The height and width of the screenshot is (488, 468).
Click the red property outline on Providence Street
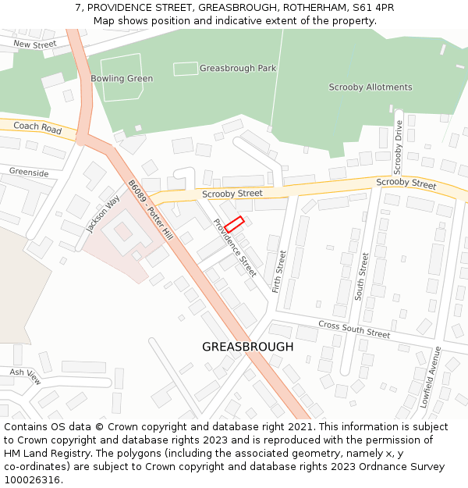pos(235,223)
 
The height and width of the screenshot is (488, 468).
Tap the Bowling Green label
pos(122,79)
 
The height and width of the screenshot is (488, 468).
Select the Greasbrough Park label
pos(238,69)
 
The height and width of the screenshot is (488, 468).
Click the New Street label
pos(35,45)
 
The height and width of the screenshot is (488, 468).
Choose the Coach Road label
pos(37,126)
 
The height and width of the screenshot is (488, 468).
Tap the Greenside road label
pos(29,173)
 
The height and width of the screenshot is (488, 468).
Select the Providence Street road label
pos(235,248)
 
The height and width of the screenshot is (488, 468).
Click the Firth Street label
pos(280,271)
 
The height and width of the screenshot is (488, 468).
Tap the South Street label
pos(362,275)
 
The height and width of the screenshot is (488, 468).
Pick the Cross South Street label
pos(354,329)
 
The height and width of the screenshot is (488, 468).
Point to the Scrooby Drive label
pos(398,148)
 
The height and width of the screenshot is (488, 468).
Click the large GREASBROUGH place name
pos(248,347)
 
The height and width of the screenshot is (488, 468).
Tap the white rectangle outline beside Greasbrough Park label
pos(186,69)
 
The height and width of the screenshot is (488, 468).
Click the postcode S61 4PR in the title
pos(373,7)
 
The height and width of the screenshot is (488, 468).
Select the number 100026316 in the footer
pos(33,479)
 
